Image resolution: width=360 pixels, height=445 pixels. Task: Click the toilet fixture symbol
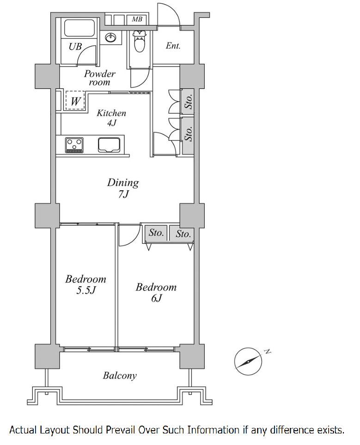pyautogui.click(x=140, y=41)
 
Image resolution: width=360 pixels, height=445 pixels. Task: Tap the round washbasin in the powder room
pyautogui.click(x=111, y=37)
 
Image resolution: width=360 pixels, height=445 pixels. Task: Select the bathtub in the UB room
pyautogui.click(x=79, y=28)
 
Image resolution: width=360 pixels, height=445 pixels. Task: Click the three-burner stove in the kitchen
pyautogui.click(x=74, y=145)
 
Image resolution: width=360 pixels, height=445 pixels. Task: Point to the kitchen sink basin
pyautogui.click(x=109, y=145)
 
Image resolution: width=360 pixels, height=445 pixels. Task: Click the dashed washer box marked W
pyautogui.click(x=75, y=100)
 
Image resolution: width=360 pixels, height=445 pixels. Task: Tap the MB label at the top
pyautogui.click(x=137, y=19)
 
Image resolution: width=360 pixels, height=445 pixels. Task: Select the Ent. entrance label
pyautogui.click(x=173, y=46)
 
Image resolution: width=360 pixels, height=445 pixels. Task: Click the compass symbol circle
pyautogui.click(x=248, y=361)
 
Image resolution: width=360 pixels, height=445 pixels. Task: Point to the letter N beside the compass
pyautogui.click(x=268, y=352)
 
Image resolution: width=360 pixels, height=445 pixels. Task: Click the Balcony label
pyautogui.click(x=120, y=376)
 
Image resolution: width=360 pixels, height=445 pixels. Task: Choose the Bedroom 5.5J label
pyautogui.click(x=85, y=284)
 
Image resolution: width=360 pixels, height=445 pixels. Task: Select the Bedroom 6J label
pyautogui.click(x=156, y=292)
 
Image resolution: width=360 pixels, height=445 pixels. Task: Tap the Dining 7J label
pyautogui.click(x=123, y=188)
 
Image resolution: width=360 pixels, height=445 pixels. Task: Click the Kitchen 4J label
pyautogui.click(x=111, y=118)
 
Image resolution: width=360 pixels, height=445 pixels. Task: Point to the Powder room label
pyautogui.click(x=99, y=78)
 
